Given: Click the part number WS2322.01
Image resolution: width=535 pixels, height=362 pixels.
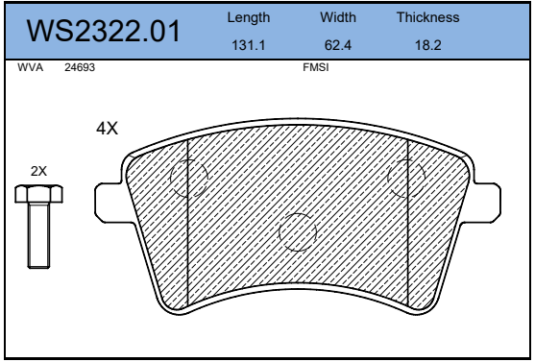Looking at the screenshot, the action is (104, 31).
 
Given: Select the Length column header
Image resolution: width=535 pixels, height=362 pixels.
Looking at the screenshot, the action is (249, 17).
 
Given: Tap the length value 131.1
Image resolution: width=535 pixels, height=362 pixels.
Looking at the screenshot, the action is (249, 45).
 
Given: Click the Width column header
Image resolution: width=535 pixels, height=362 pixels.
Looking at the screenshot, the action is (338, 17).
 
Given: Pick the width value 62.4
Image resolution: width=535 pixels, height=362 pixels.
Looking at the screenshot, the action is (338, 45).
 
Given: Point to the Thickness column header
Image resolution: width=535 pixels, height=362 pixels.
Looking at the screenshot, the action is (427, 17).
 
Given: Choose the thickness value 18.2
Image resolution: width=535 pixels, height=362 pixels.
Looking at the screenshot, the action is (427, 45).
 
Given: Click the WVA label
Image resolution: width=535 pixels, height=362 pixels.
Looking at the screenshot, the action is (31, 67).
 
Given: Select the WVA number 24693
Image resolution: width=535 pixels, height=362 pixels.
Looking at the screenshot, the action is (80, 67).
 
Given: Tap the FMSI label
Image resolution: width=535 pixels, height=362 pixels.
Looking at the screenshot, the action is (316, 67).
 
